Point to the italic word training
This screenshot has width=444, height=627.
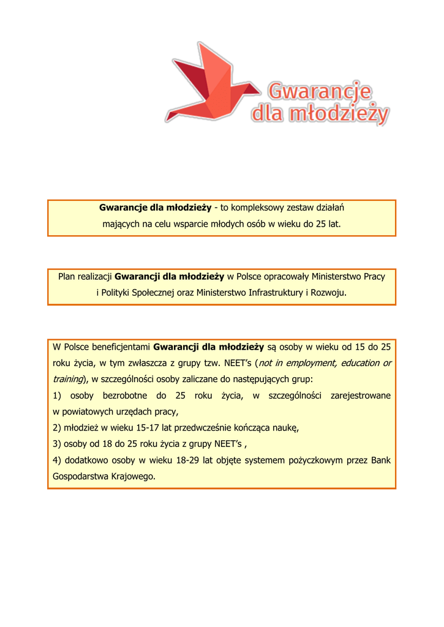[x=67, y=380]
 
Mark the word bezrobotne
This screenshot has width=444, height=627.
[x=126, y=396]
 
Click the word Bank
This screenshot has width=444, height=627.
[x=380, y=460]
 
